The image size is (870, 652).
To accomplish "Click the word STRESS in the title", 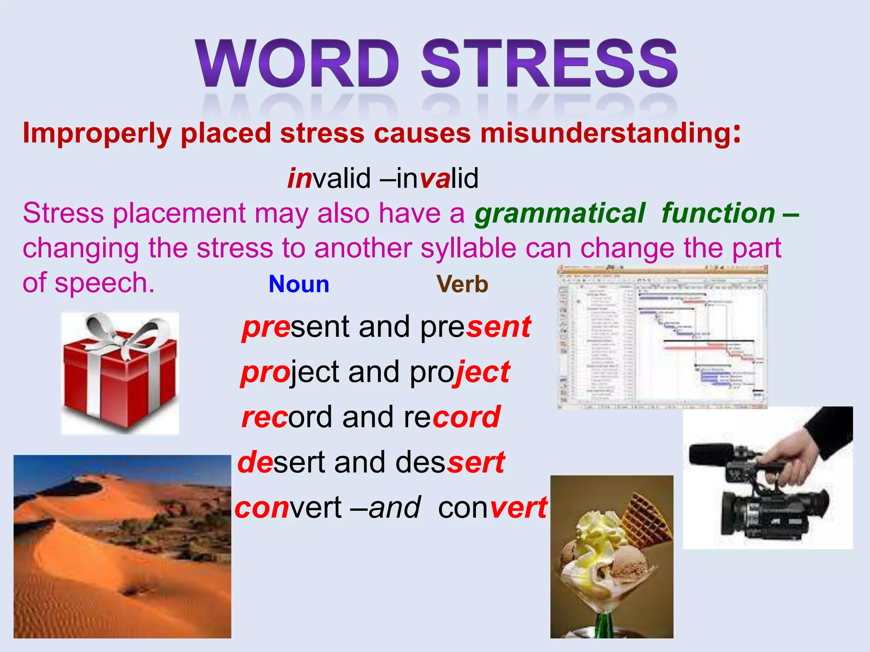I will tap(549, 64).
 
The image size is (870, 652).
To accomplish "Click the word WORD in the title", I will tap(297, 64).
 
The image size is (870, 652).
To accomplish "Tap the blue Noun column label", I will tap(299, 284).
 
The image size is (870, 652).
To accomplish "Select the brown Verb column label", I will tap(462, 284).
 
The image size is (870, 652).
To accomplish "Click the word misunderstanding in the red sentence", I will tap(605, 133).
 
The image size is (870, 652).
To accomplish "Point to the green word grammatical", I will tap(559, 213).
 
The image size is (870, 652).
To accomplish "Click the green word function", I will tap(718, 213).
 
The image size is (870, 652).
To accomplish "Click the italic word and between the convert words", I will tap(395, 508).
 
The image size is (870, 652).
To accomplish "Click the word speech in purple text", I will tap(104, 283).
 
